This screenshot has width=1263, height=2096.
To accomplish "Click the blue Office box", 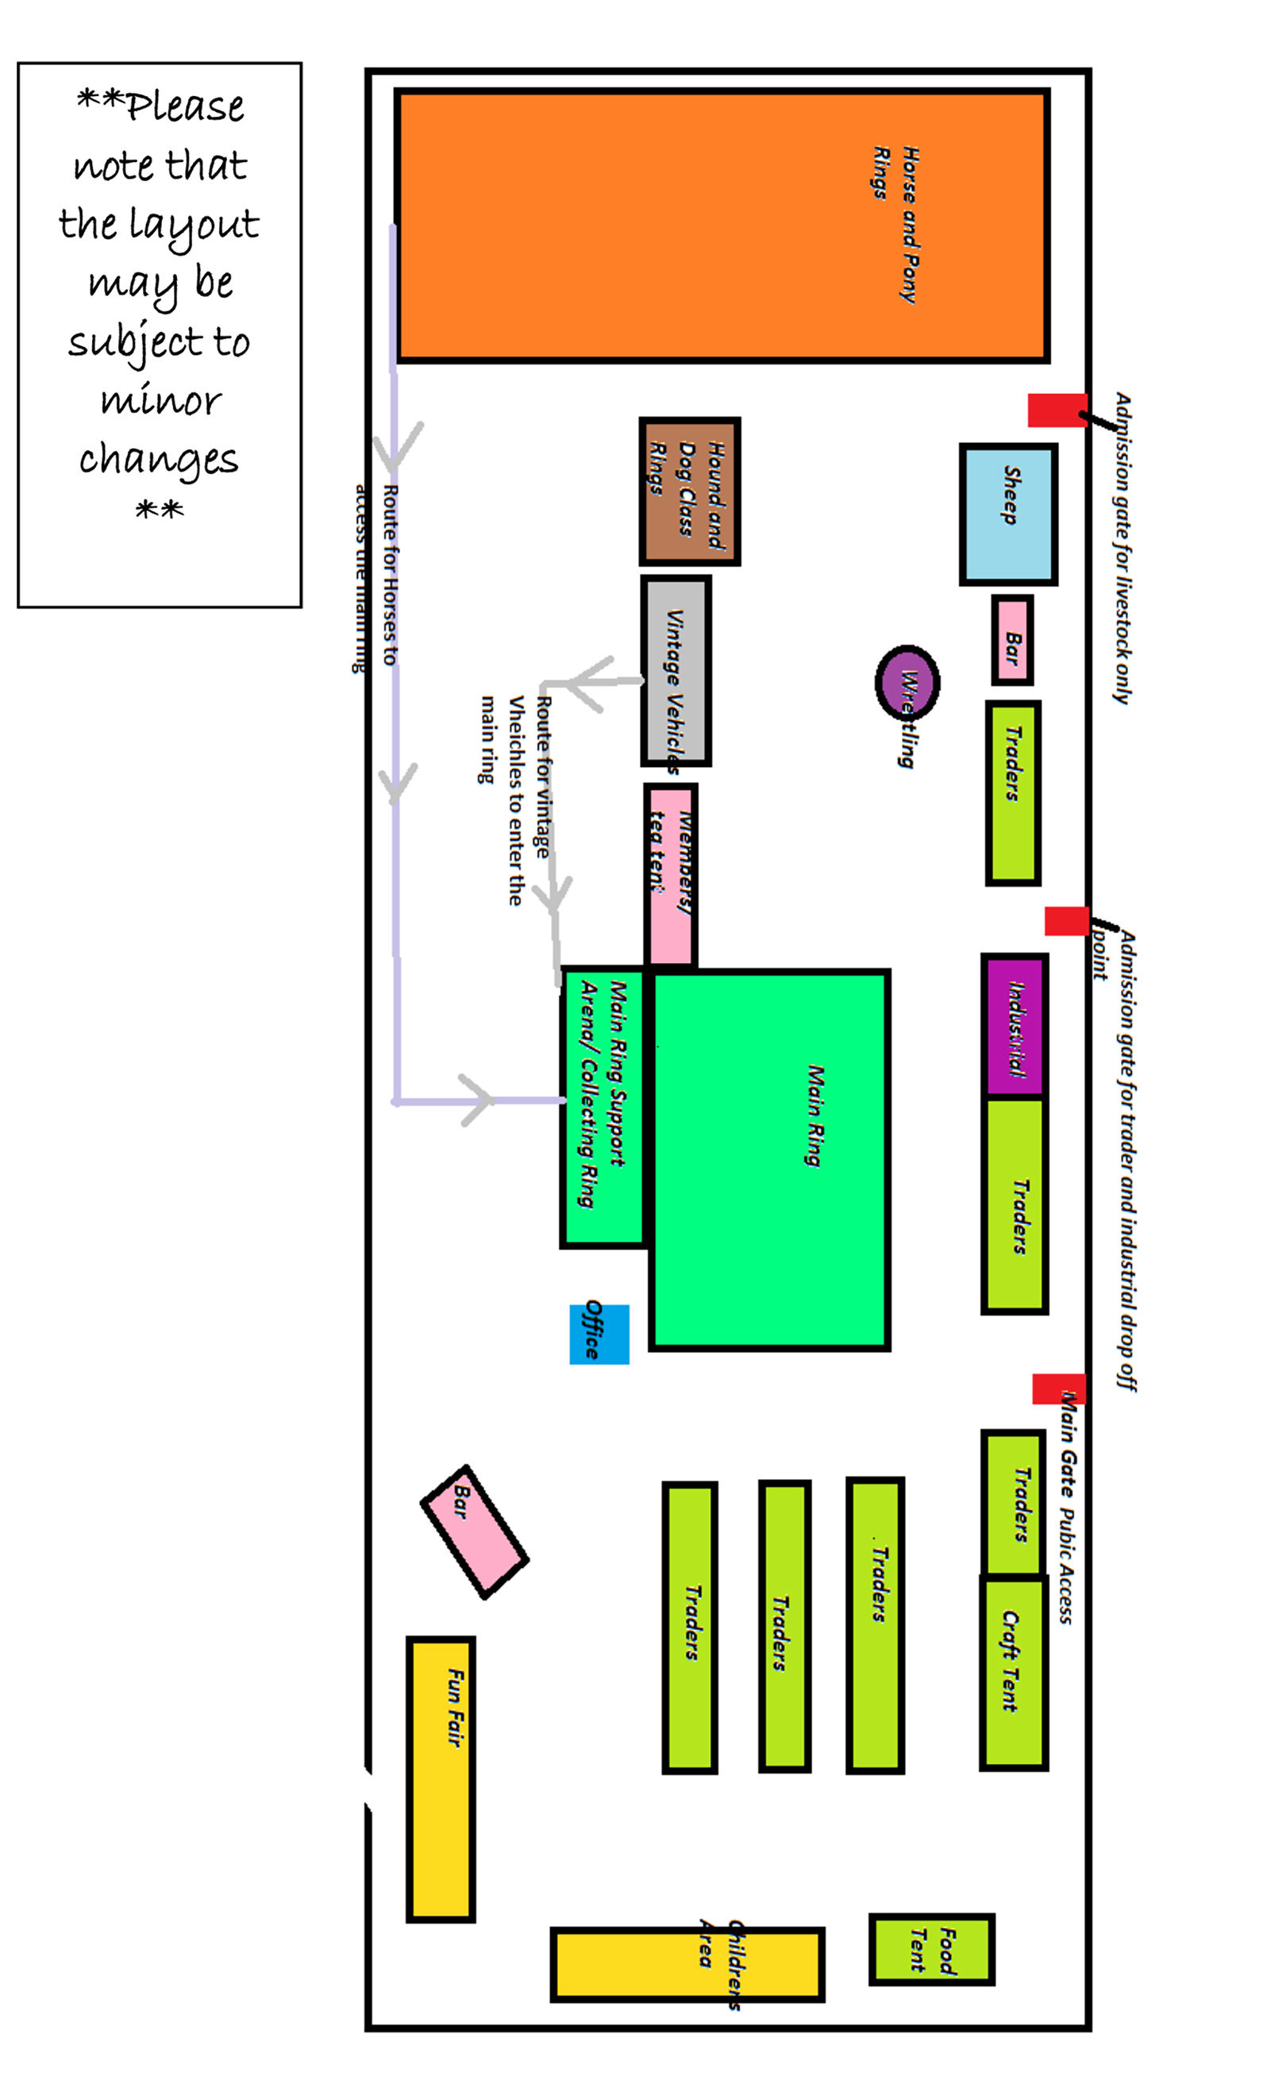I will (599, 1334).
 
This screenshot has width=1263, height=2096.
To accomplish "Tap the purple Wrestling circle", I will (907, 682).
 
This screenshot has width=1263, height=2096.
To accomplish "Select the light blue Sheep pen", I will (1008, 514).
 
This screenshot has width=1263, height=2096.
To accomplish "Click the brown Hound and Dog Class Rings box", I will (689, 491).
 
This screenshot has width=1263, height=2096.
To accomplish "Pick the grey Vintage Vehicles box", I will (676, 670).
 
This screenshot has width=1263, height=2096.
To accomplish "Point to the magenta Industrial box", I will (1014, 1025).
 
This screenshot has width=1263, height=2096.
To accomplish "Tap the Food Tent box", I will (931, 1950).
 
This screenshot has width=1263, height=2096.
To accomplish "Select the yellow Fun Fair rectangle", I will (441, 1778).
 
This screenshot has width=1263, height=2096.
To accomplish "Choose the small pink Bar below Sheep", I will (1012, 640).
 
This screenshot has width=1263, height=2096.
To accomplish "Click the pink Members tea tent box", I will (670, 874).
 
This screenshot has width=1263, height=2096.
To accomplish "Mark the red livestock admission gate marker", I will (1056, 410).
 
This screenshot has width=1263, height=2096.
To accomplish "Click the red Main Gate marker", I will (1058, 1389).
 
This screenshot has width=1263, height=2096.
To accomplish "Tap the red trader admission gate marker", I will (1067, 921).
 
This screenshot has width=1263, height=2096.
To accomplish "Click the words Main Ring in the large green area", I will (814, 1115).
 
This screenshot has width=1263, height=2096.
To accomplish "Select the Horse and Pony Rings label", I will (895, 223).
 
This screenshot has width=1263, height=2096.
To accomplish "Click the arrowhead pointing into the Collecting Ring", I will (478, 1100).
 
